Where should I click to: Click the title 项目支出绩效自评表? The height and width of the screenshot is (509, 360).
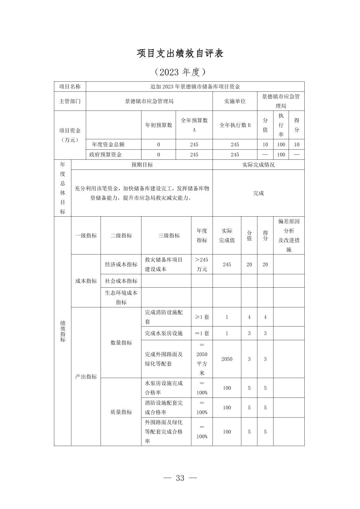(x=180, y=54)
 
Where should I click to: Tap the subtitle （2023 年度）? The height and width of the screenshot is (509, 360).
(x=180, y=72)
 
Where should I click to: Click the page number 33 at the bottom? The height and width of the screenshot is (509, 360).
(x=180, y=478)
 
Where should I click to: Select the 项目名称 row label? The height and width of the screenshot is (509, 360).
(x=70, y=86)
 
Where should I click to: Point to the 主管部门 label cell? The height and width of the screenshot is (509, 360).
(x=70, y=101)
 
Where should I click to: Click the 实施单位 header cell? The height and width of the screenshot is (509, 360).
(x=235, y=101)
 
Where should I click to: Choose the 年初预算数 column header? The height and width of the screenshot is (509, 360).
(x=159, y=125)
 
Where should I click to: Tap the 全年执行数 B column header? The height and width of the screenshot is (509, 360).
(x=235, y=125)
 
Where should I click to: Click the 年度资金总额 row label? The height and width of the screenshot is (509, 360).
(x=108, y=144)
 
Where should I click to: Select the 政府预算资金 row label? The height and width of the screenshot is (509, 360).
(x=106, y=154)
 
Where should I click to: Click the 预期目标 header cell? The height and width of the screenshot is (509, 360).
(x=142, y=164)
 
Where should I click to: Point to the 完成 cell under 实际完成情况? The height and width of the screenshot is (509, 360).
(x=258, y=193)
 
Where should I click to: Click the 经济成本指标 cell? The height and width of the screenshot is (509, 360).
(x=121, y=264)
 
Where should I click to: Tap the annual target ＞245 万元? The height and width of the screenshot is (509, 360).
(x=202, y=264)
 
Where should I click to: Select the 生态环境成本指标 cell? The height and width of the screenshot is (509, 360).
(x=121, y=297)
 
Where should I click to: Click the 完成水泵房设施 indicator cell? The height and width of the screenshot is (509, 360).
(x=164, y=333)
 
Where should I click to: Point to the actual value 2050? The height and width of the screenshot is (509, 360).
(x=227, y=359)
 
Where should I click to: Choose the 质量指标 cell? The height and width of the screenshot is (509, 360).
(x=121, y=412)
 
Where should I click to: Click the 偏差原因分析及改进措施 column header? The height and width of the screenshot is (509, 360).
(x=289, y=235)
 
